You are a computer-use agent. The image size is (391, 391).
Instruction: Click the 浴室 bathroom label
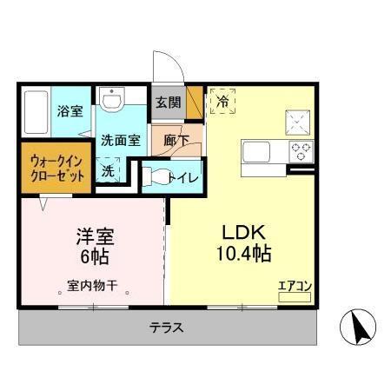[69, 112]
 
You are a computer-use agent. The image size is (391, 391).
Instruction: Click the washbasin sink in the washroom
[112, 101]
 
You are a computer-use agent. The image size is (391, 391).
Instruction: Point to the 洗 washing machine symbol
[108, 171]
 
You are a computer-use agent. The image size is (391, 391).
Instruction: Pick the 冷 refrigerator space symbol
[222, 102]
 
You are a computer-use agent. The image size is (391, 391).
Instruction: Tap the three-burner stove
[300, 151]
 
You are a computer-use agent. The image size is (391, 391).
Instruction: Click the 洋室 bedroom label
[91, 235]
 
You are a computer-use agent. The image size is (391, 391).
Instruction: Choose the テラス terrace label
[165, 328]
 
